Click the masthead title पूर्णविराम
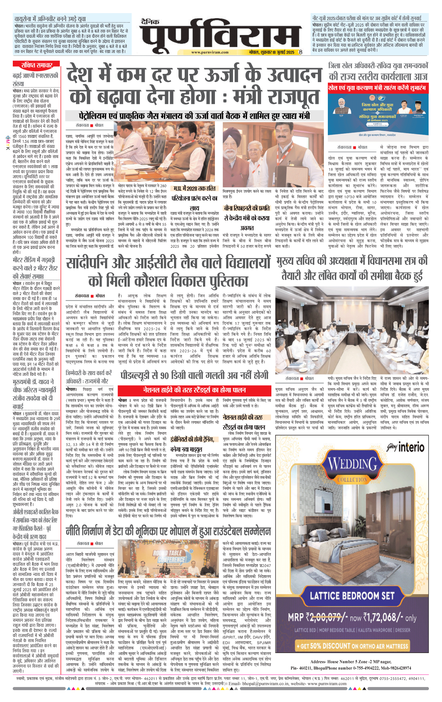pos(220,36)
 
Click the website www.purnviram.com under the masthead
pos(210,52)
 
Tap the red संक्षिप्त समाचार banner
pos(36,65)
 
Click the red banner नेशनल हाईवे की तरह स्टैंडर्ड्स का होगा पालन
pos(194,390)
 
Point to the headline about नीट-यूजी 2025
pos(367,18)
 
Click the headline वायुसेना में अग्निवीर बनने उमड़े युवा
pos(50,19)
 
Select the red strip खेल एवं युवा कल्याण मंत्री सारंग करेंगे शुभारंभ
pos(378,88)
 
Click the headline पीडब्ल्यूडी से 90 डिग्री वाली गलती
pos(194,375)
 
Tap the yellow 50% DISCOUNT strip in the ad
pos(352,646)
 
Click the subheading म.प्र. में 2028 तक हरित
pos(194,189)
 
